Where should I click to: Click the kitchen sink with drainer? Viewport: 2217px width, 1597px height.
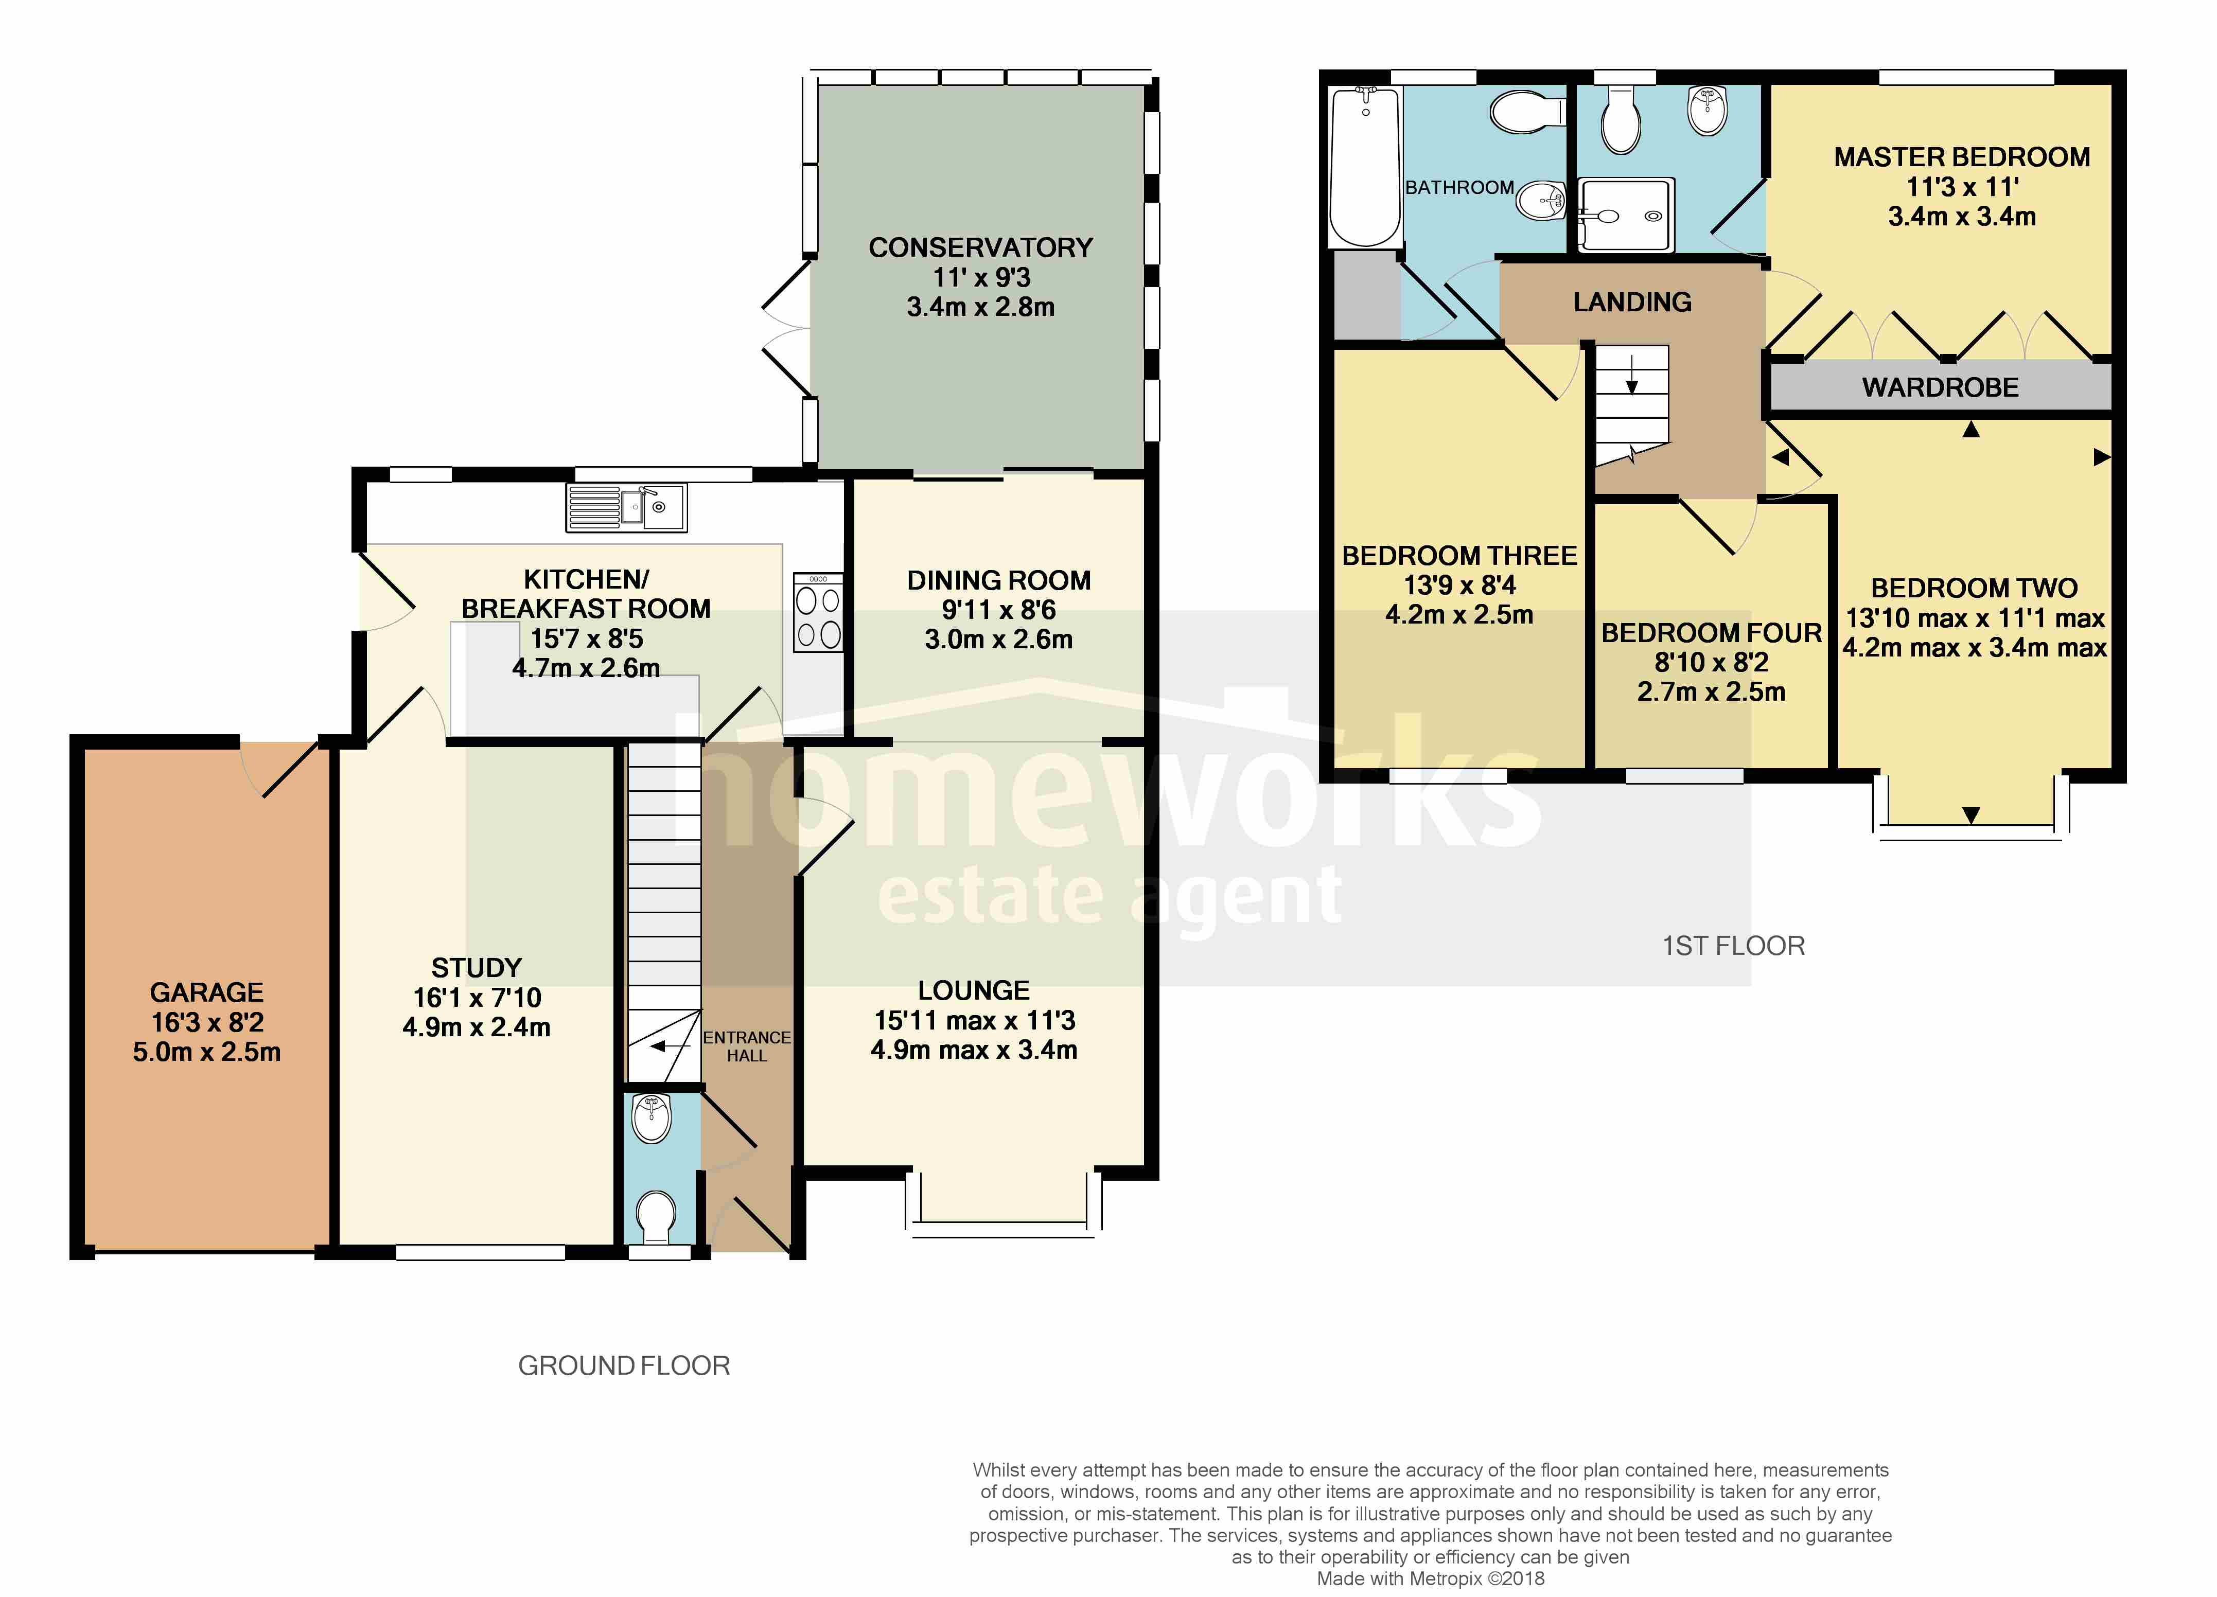(627, 507)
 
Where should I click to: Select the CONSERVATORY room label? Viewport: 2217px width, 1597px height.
(980, 247)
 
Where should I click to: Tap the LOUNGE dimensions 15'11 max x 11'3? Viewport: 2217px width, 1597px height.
(975, 1020)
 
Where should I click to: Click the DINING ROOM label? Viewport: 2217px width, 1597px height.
(999, 580)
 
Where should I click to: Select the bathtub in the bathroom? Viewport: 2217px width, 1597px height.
(1366, 166)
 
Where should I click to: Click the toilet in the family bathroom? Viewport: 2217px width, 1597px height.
(1527, 112)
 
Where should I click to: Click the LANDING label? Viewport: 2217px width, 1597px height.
(1632, 302)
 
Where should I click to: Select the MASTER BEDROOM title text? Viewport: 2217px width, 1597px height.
(1962, 157)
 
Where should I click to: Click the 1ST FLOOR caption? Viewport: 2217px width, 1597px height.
(1733, 946)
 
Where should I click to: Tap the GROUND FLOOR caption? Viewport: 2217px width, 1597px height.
(624, 1365)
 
